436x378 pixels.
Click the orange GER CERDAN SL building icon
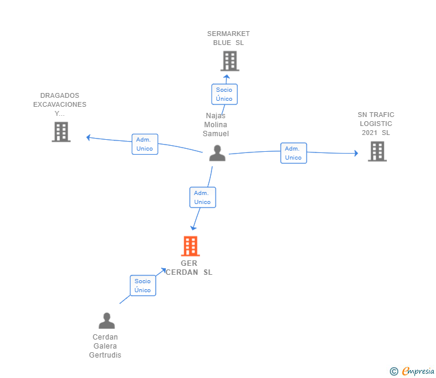point(190,246)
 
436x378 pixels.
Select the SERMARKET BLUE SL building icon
point(230,61)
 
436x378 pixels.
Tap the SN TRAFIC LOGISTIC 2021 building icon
point(377,151)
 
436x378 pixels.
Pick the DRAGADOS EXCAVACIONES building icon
point(61,132)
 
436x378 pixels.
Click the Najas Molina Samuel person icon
point(217,153)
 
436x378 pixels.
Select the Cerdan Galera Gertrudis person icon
point(107,320)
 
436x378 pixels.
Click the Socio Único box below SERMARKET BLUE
point(225,94)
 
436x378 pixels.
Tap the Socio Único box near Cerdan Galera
point(143,286)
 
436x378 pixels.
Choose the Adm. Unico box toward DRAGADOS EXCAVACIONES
point(145,144)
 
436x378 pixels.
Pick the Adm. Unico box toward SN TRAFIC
point(293,153)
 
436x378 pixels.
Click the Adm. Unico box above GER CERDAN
point(202,197)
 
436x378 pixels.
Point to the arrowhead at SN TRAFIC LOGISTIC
point(356,153)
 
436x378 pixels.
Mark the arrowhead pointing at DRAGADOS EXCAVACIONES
point(89,137)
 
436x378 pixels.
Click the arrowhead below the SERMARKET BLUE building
point(226,77)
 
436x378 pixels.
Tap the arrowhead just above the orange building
point(193,228)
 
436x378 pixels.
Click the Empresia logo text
point(418,371)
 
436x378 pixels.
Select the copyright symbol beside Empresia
point(394,371)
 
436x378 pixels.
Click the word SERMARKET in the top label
point(229,34)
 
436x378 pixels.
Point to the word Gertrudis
point(105,355)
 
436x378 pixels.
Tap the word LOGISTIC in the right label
point(376,124)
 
